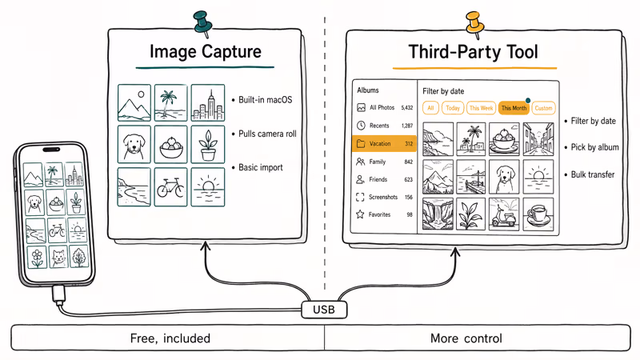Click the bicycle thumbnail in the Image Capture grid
click(170, 187)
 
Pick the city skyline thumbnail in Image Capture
click(208, 104)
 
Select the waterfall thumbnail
click(438, 214)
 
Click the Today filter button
click(453, 108)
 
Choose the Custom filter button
click(543, 108)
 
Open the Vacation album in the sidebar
click(385, 144)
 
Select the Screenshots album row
click(385, 197)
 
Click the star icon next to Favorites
click(362, 214)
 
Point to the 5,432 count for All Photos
click(406, 107)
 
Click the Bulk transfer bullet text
click(592, 174)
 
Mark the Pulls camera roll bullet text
click(267, 134)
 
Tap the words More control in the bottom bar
click(466, 338)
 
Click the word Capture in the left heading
click(232, 53)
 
